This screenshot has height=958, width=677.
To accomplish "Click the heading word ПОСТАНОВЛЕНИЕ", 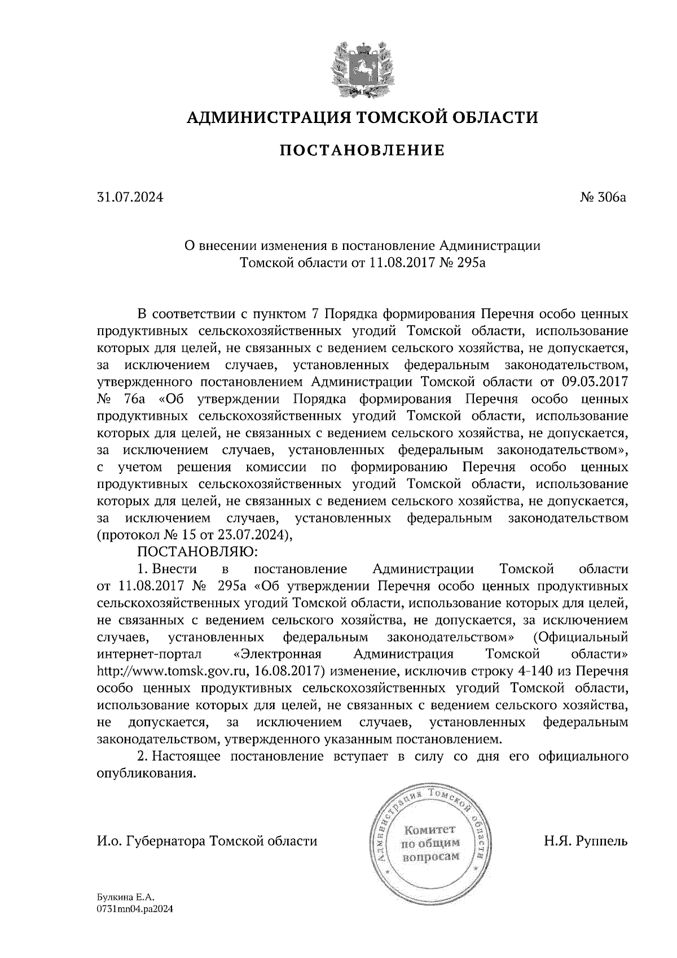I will pos(362,151).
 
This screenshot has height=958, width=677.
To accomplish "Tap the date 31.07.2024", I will pos(130,198).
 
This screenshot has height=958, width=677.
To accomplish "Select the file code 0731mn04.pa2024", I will pos(135,909).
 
